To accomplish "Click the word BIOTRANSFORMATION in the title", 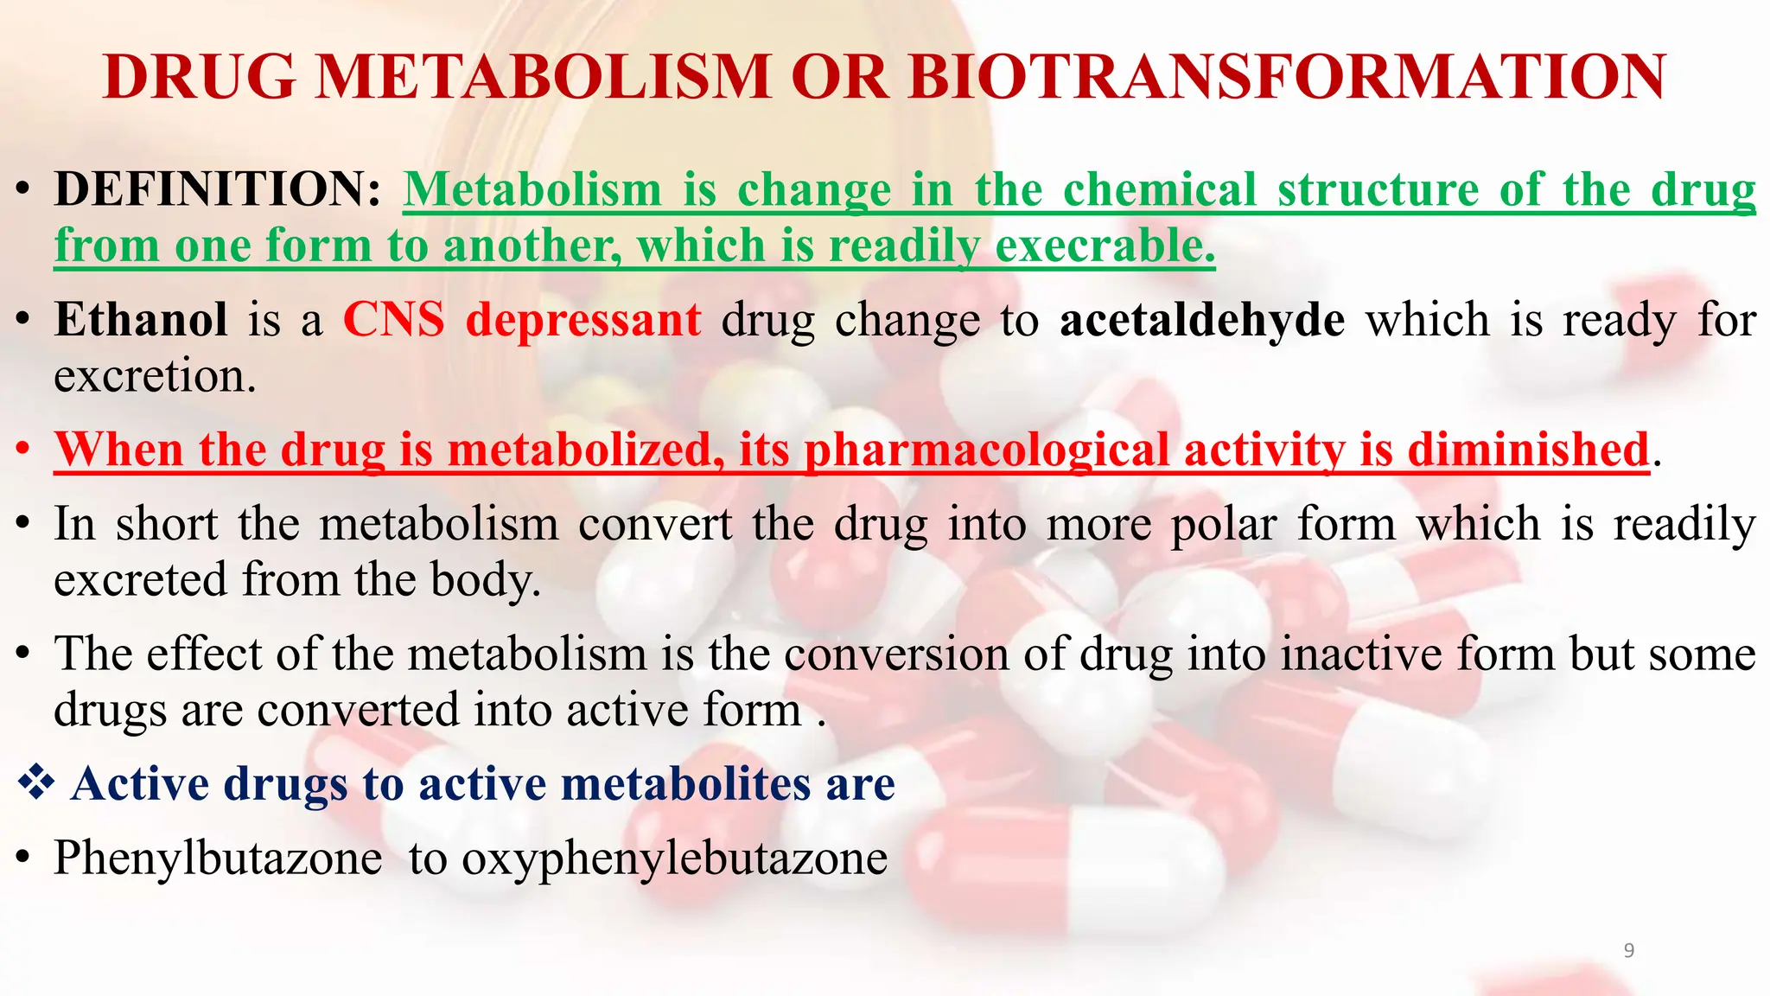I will [x=1287, y=78].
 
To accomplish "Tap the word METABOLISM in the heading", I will [x=543, y=78].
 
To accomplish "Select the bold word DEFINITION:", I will [x=217, y=189].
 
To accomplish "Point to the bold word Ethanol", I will [x=141, y=320].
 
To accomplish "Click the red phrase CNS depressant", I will [x=522, y=320].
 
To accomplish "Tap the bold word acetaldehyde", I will [x=1202, y=320].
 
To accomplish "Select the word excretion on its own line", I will [x=155, y=377].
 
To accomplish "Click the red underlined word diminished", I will [x=1528, y=450].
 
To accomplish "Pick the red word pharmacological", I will [x=986, y=450].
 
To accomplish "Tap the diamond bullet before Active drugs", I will [x=36, y=783].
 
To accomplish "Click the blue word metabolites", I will [x=686, y=784].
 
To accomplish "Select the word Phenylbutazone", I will [x=218, y=859].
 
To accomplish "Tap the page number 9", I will [x=1629, y=951].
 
